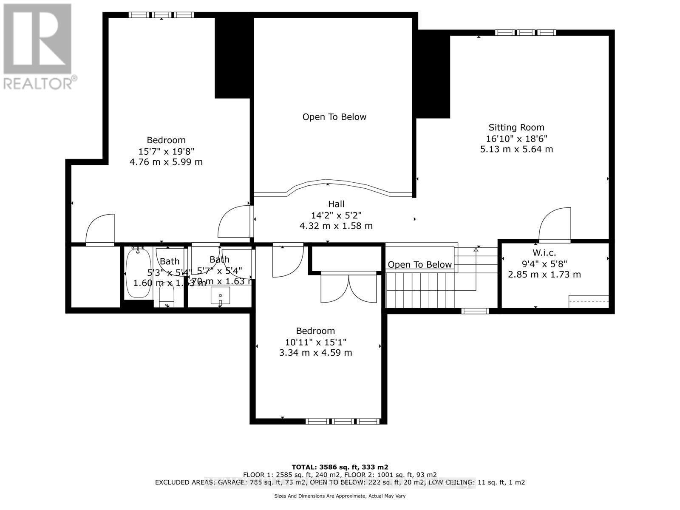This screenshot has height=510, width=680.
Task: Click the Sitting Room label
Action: point(516,127)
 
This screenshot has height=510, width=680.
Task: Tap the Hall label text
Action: point(336,204)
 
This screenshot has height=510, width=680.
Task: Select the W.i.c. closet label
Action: point(544,252)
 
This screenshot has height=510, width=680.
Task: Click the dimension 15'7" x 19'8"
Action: point(166,151)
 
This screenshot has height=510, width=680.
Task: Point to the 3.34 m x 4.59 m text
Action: point(315,353)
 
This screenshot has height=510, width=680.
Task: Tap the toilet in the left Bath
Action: point(166,297)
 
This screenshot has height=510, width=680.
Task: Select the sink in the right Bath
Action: point(220,295)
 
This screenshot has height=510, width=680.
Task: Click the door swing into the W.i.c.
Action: point(555,224)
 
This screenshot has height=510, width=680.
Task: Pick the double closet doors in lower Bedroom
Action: point(348,287)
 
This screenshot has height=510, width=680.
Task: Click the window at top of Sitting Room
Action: point(526,32)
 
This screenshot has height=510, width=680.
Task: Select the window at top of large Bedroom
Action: point(161,15)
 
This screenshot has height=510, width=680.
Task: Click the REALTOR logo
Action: point(38,47)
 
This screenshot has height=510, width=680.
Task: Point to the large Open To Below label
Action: point(334,117)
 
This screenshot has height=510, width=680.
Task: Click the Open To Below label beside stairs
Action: point(419,264)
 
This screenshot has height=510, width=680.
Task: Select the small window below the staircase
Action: point(475,311)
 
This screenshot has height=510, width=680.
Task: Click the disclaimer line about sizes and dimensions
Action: point(340,496)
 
